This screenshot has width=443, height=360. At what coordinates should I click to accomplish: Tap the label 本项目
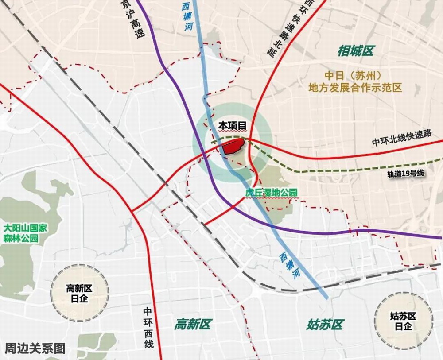(232, 126)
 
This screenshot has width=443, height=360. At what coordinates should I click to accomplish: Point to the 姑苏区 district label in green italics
(325, 325)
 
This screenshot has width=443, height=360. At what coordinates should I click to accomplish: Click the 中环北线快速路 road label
(401, 142)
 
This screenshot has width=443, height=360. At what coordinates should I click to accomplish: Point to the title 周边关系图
(35, 348)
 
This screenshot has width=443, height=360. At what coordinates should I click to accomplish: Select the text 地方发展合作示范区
(355, 87)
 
